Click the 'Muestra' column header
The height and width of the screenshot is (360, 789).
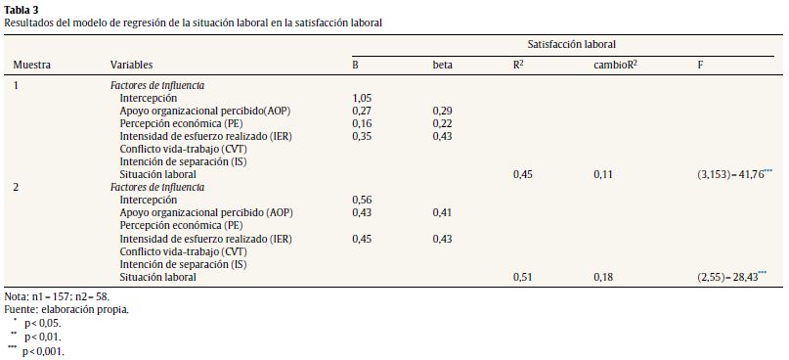pyautogui.click(x=31, y=65)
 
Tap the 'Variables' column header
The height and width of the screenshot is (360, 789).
pyautogui.click(x=131, y=65)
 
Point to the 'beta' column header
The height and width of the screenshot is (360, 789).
pyautogui.click(x=443, y=65)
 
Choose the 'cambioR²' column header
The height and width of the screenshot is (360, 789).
pyautogui.click(x=617, y=65)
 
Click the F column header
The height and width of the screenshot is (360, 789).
pyautogui.click(x=700, y=65)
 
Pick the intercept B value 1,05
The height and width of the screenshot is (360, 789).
pyautogui.click(x=363, y=99)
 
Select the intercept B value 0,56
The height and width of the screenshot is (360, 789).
pyautogui.click(x=363, y=200)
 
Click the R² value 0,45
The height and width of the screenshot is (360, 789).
pyautogui.click(x=524, y=174)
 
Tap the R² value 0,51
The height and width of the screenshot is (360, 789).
pyautogui.click(x=524, y=277)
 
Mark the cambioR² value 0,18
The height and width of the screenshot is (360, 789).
pyautogui.click(x=604, y=277)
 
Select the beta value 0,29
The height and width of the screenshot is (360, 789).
pyautogui.click(x=443, y=112)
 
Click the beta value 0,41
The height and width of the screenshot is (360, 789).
pyautogui.click(x=443, y=212)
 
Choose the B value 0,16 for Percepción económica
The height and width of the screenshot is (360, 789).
pyautogui.click(x=363, y=124)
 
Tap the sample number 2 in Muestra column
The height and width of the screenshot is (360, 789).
pyautogui.click(x=16, y=187)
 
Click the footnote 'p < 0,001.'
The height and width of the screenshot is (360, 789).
pyautogui.click(x=43, y=350)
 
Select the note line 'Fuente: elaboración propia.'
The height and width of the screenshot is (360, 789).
pyautogui.click(x=66, y=309)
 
